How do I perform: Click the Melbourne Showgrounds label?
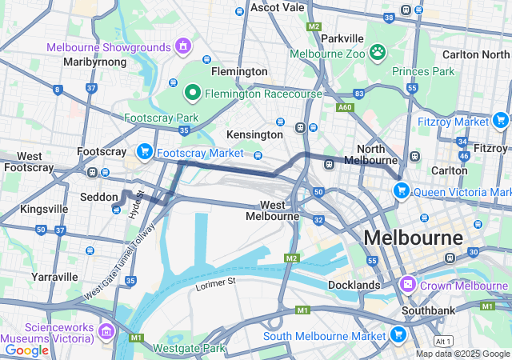[110, 47]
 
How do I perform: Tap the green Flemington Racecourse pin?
[193, 93]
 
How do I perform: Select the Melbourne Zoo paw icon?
[377, 54]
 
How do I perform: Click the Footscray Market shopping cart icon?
[145, 151]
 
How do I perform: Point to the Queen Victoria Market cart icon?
[401, 191]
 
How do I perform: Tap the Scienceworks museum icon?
[106, 330]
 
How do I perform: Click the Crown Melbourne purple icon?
[408, 285]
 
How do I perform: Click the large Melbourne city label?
[413, 238]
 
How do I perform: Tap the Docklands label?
[354, 285]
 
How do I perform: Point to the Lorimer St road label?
[216, 282]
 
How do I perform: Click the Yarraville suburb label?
[56, 277]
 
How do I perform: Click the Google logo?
[27, 350]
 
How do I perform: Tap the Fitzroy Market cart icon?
[501, 121]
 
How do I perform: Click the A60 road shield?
[345, 106]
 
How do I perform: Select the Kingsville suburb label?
[44, 209]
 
